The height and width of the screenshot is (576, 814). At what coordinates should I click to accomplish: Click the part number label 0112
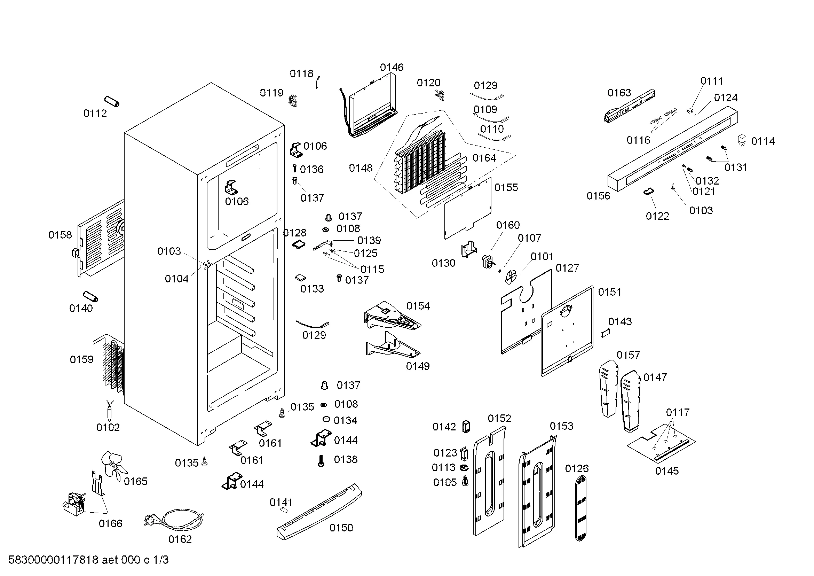(x=95, y=114)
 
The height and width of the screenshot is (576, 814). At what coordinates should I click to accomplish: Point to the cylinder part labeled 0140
(x=90, y=296)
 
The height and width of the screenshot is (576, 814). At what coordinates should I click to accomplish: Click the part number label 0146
(x=392, y=68)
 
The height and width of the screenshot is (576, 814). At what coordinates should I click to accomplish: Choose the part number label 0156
(x=599, y=196)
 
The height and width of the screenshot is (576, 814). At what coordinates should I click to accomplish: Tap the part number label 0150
(x=341, y=528)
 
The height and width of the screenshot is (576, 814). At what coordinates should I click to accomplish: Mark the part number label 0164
(x=484, y=158)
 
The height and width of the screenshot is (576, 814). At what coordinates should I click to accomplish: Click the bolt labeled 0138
(x=321, y=461)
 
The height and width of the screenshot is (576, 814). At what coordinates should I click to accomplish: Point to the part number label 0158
(x=60, y=235)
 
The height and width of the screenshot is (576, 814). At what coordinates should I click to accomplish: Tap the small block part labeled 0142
(x=466, y=427)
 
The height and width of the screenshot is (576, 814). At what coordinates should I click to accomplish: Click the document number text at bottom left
(x=88, y=560)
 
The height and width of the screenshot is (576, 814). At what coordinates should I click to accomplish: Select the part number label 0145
(x=667, y=471)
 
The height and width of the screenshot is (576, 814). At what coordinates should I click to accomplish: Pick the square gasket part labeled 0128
(x=299, y=244)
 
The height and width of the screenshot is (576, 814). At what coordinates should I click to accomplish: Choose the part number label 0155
(x=506, y=187)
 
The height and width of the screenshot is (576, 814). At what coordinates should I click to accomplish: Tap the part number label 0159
(x=81, y=360)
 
